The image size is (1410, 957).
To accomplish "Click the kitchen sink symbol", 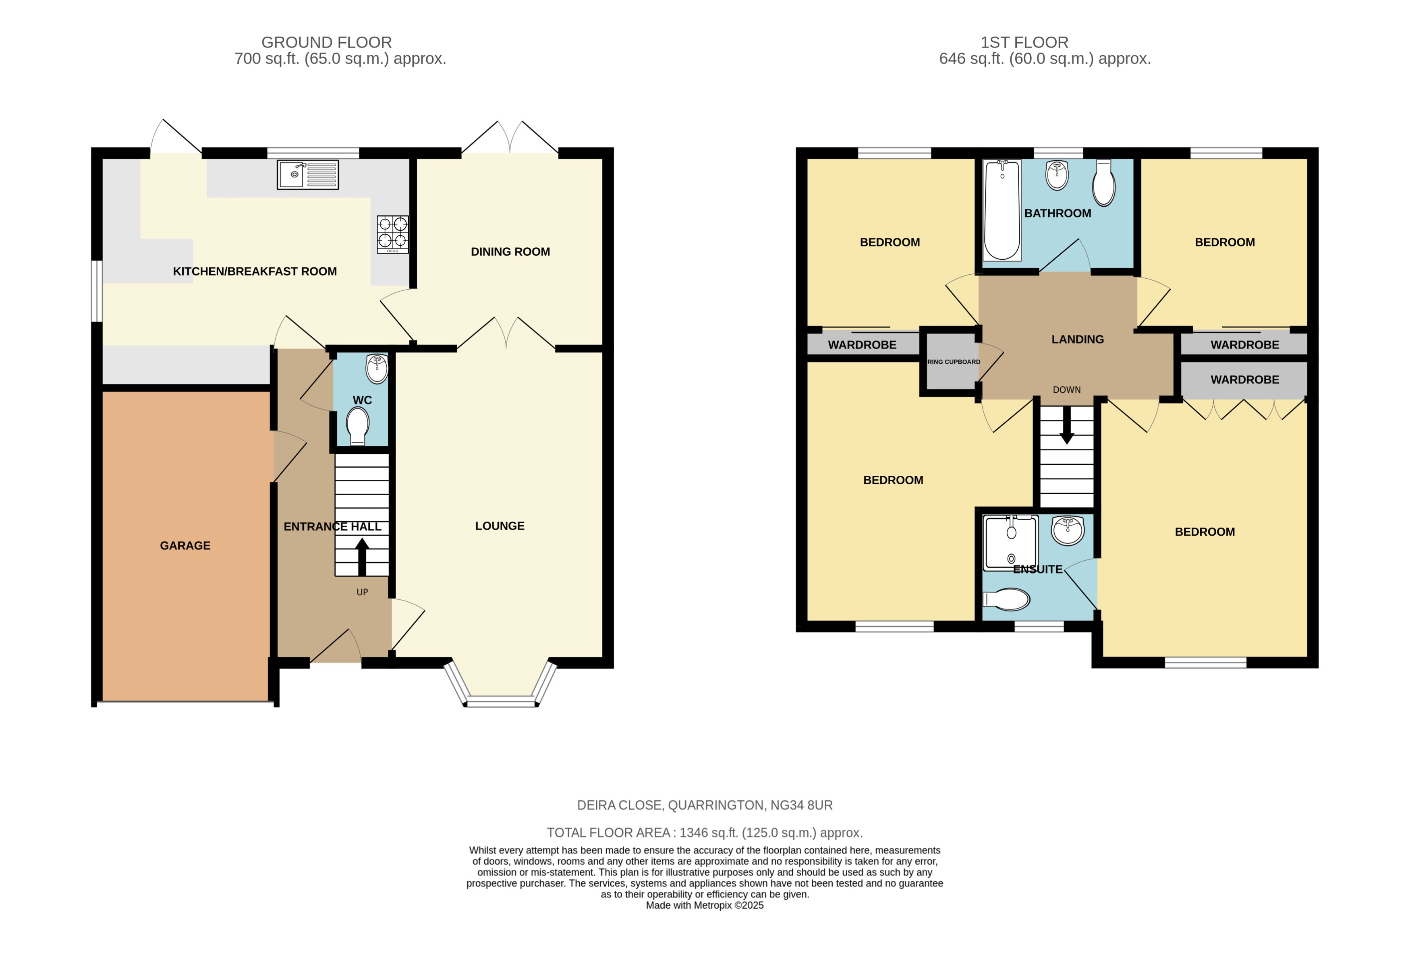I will tap(308, 175).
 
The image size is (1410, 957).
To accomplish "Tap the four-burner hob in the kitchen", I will tap(392, 234).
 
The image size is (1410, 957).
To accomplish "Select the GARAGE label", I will tap(185, 546).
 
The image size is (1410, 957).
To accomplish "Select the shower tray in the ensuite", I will tap(1010, 543).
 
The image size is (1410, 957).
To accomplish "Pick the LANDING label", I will tap(1078, 340).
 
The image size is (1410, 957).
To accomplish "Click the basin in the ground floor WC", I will tap(377, 368).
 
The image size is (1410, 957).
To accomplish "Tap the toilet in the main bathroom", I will tap(1103, 183).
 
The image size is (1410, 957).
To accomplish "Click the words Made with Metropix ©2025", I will tap(704, 905).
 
